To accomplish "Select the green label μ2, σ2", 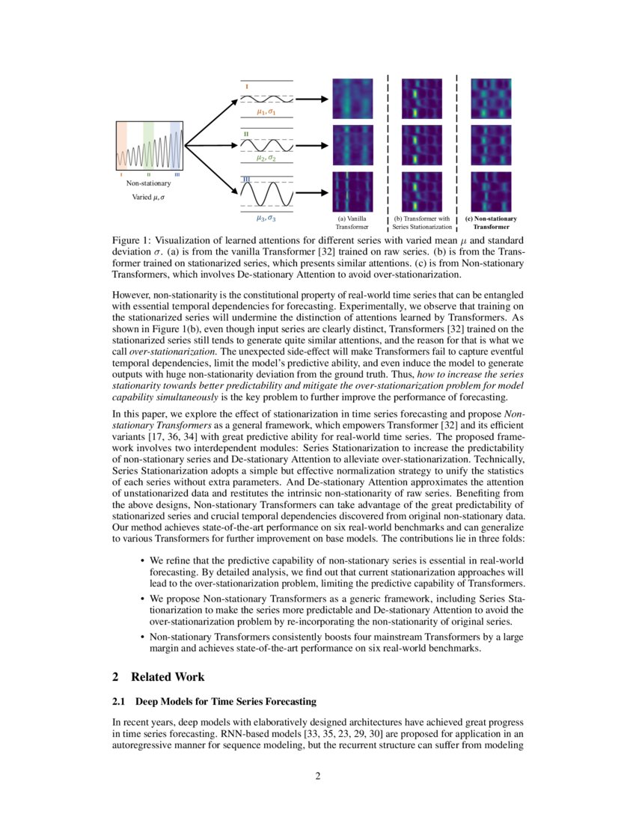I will click(x=266, y=158).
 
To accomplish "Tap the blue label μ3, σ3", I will click(x=266, y=218).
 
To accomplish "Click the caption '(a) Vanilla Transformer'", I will click(x=352, y=222).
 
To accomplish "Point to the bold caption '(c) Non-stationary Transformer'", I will click(x=491, y=222).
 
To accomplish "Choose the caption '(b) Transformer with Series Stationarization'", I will click(x=422, y=222).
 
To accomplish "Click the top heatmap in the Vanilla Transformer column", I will click(x=352, y=100).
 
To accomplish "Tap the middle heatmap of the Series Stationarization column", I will click(x=422, y=145).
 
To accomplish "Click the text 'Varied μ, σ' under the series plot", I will click(x=148, y=198).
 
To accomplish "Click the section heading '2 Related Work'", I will click(x=158, y=676).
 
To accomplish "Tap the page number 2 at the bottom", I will click(x=318, y=775).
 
